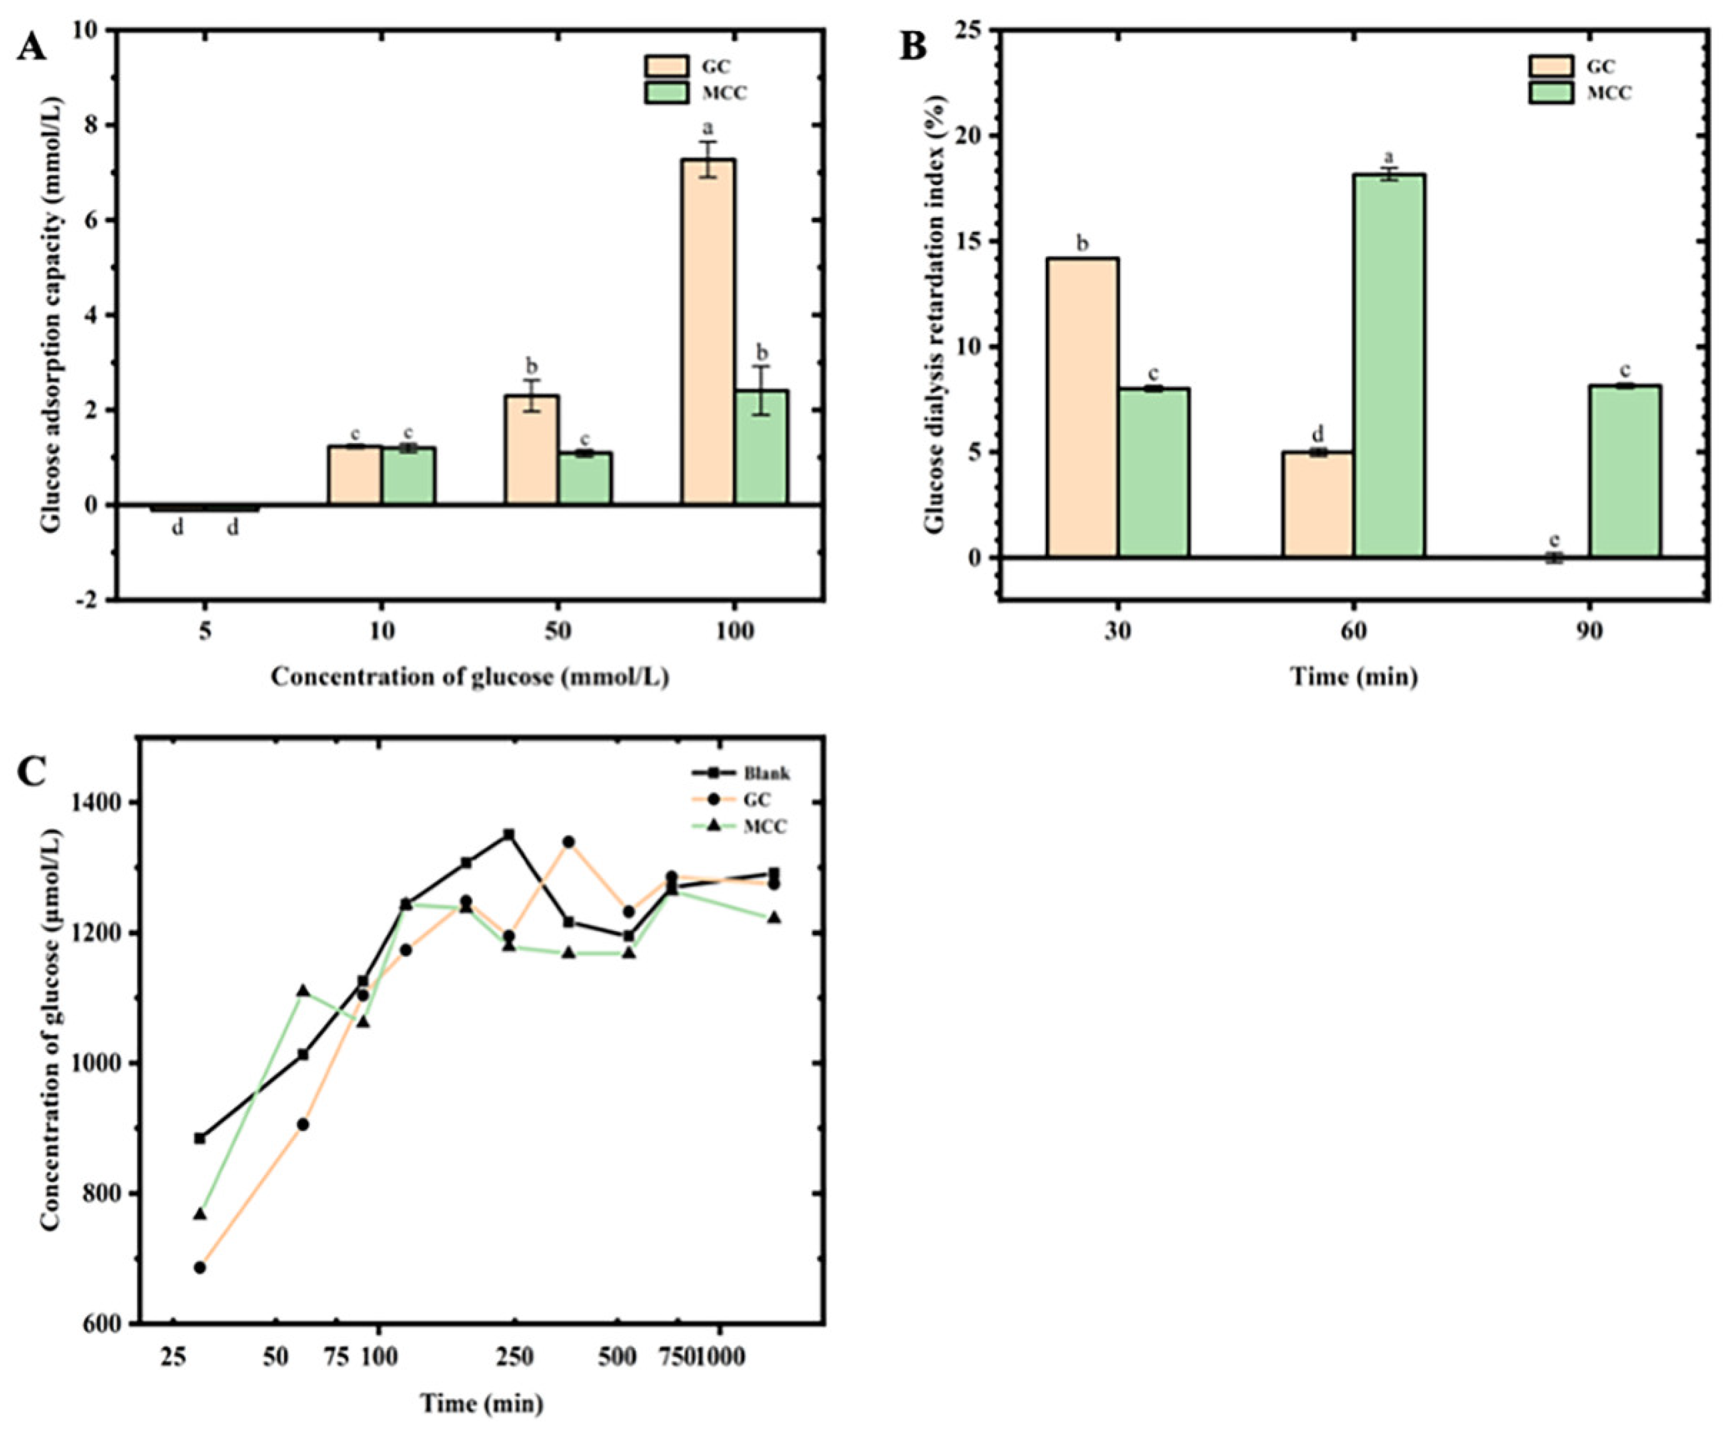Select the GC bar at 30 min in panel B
coord(1083,408)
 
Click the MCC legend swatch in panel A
coord(666,92)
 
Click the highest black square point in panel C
coord(509,834)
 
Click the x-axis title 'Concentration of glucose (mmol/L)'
coord(469,677)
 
